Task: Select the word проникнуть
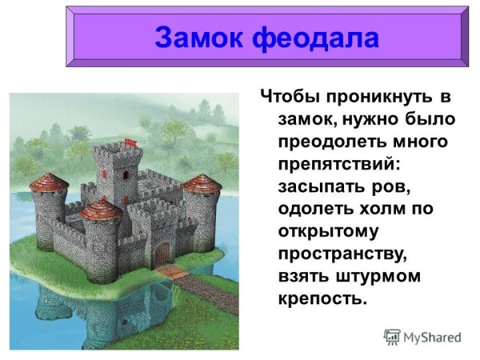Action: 379,98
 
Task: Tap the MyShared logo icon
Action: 392,336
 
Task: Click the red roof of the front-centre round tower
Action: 101,209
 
